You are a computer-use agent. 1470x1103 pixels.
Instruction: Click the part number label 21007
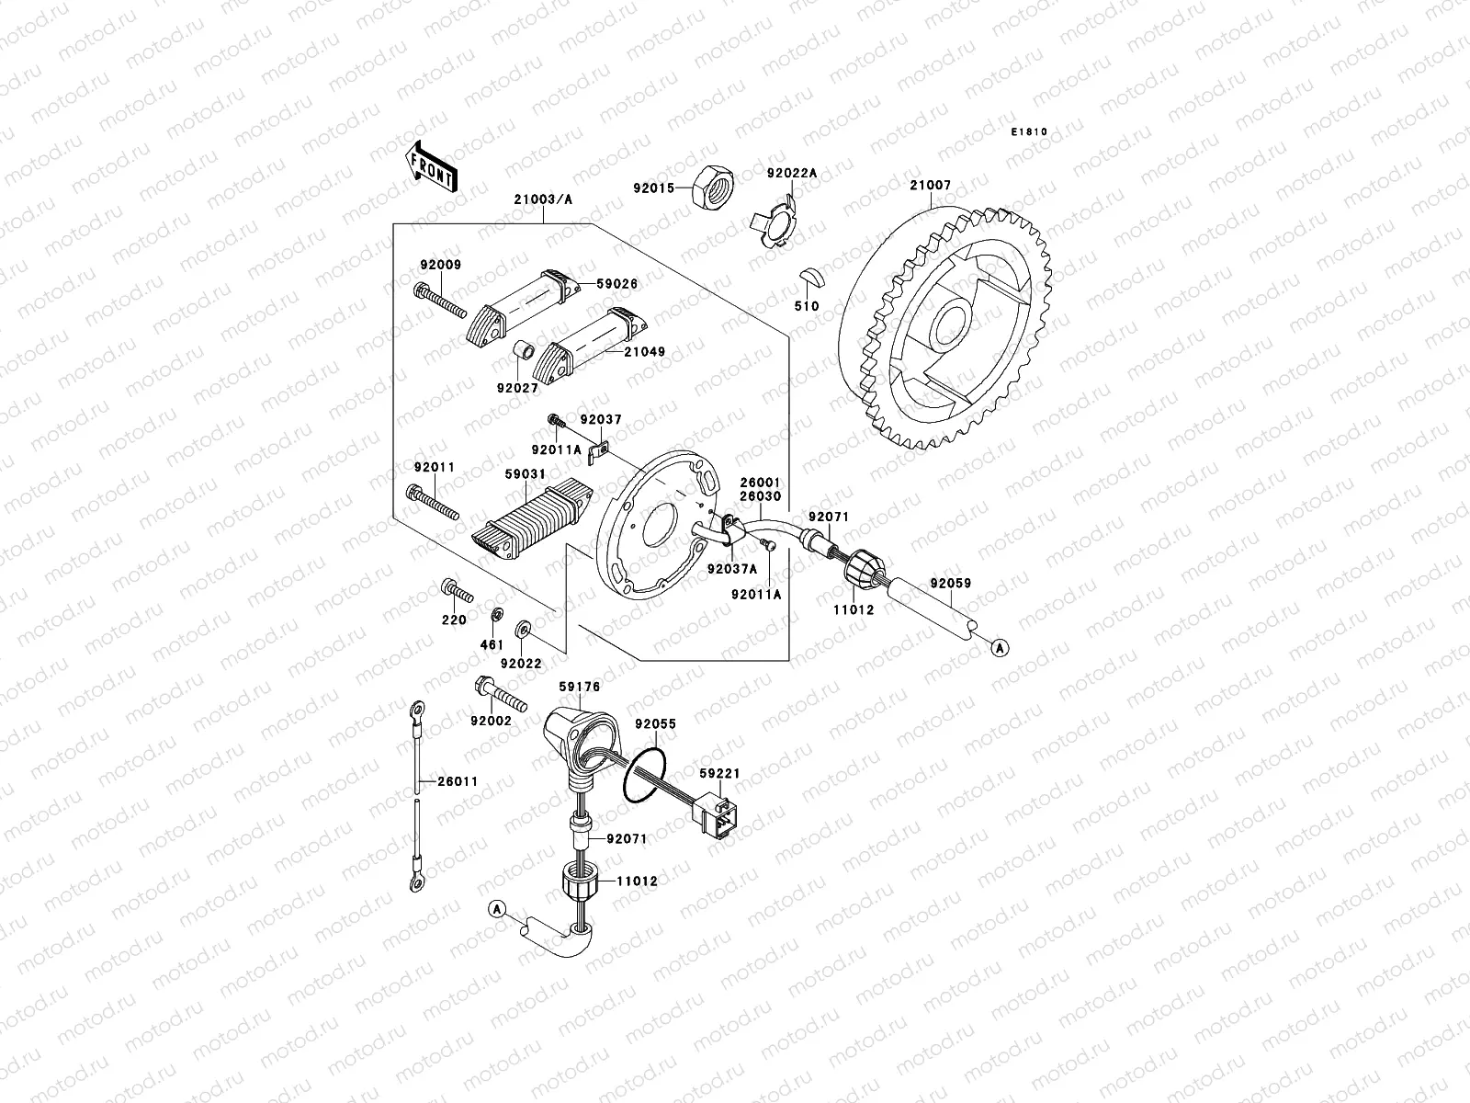tap(930, 185)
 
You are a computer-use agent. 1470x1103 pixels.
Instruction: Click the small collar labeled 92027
tap(522, 353)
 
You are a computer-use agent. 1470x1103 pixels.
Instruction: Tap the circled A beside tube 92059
tap(1001, 648)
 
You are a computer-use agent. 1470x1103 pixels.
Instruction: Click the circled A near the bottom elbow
tap(497, 909)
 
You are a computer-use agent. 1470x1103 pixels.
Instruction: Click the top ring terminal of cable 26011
tap(417, 709)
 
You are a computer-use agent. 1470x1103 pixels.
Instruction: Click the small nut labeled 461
tap(494, 614)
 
